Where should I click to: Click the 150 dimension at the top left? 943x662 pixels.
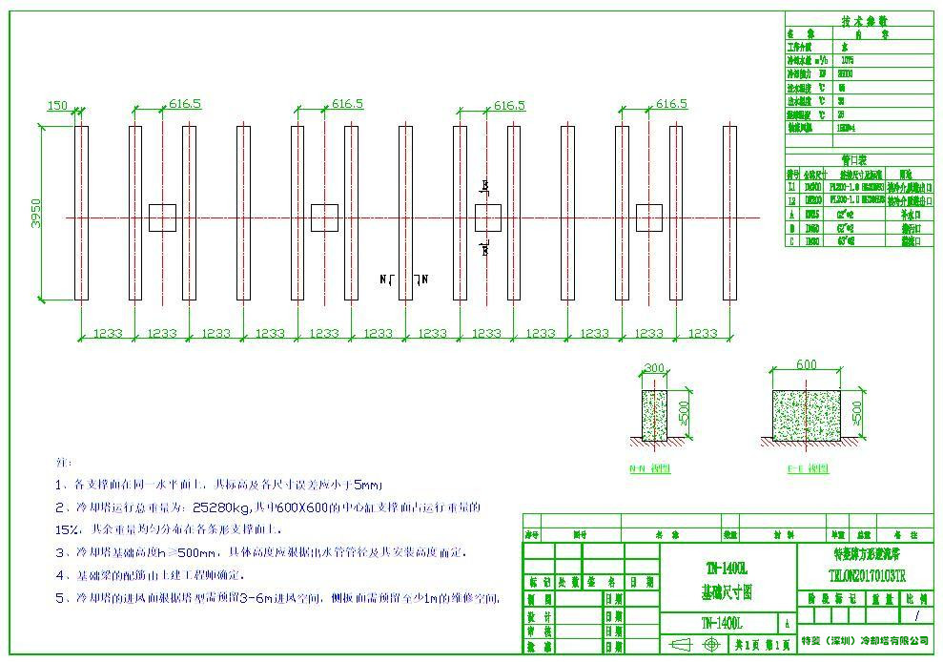[x=57, y=106]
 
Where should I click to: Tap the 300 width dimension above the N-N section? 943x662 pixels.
[x=654, y=368]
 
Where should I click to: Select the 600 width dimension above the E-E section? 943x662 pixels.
[x=807, y=365]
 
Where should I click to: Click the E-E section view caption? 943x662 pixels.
[x=807, y=468]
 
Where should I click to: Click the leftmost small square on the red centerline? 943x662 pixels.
[x=163, y=217]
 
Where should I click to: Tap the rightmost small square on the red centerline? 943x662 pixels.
[x=649, y=217]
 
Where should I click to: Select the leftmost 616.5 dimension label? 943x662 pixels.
[x=185, y=104]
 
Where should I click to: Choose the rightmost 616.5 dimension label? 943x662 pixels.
[x=671, y=104]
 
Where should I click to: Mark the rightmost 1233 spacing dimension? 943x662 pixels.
[x=703, y=333]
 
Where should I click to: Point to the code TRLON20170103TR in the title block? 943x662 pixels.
[x=866, y=576]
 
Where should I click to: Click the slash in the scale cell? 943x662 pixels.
[x=916, y=616]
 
